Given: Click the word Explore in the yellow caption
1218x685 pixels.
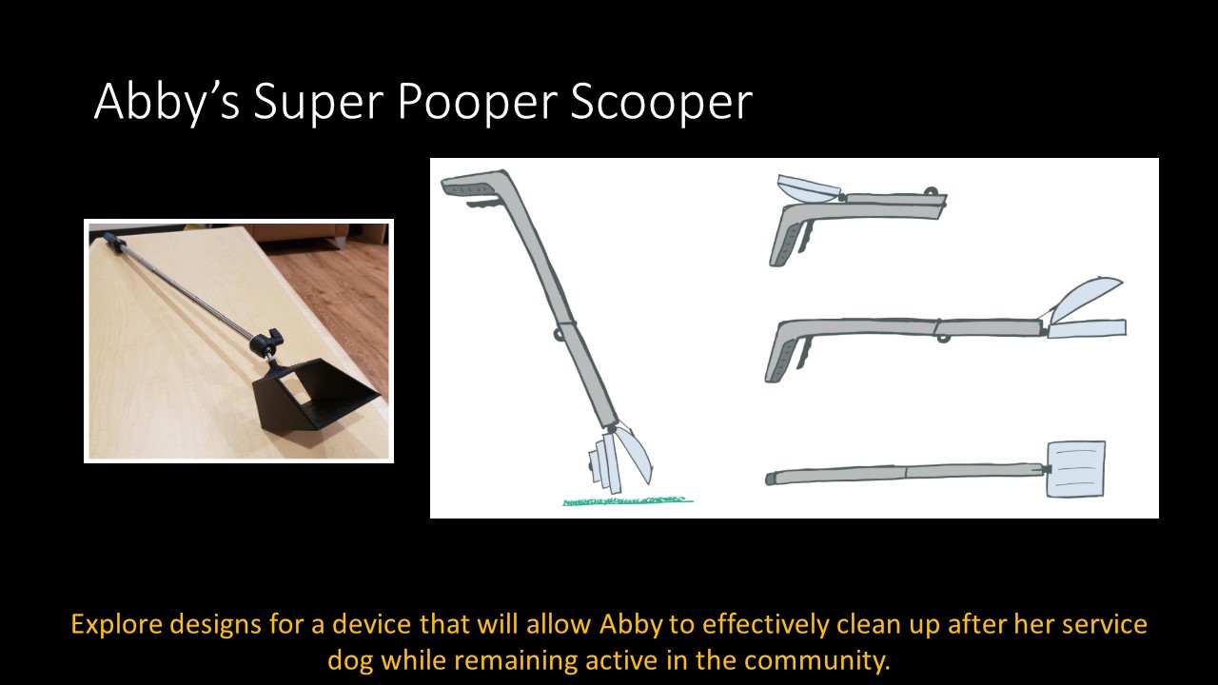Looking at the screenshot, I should pos(117,625).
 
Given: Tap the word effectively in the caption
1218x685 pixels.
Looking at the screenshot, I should pos(745,625).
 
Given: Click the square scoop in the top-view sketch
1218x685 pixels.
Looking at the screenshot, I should pos(1075,468).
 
